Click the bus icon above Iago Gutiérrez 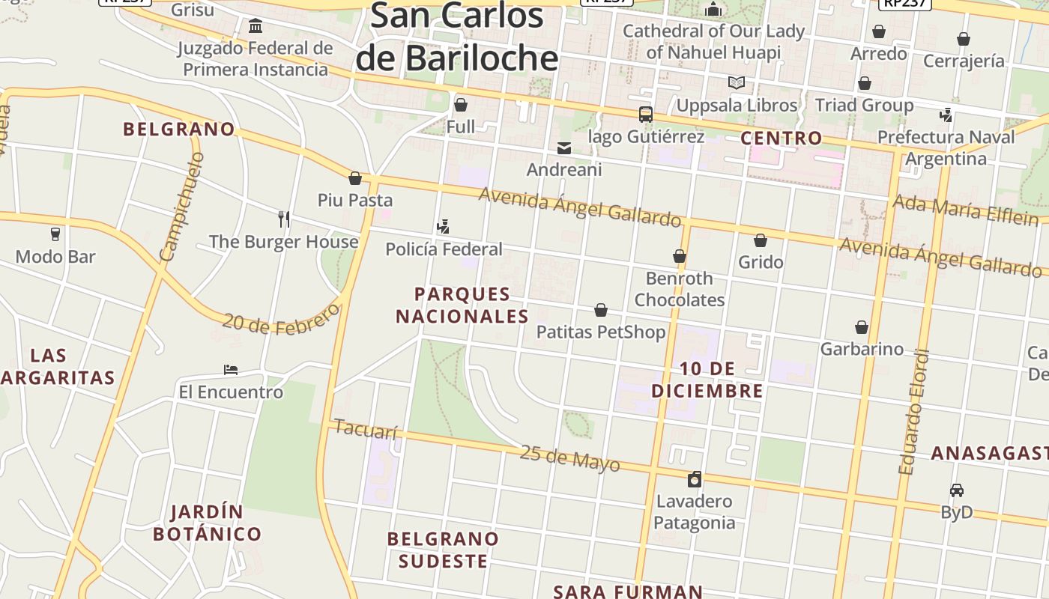645,115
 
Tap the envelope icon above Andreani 564,148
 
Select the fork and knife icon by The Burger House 284,219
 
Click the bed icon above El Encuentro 231,370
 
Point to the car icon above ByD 956,490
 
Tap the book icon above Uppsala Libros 737,82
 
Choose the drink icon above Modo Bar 55,234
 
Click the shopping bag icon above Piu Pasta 355,178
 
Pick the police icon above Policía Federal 443,226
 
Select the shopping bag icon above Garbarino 862,327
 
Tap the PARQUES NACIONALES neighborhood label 462,305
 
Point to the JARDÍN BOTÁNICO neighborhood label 207,523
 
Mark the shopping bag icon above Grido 761,240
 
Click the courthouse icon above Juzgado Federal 256,27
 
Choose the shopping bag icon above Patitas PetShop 601,310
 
